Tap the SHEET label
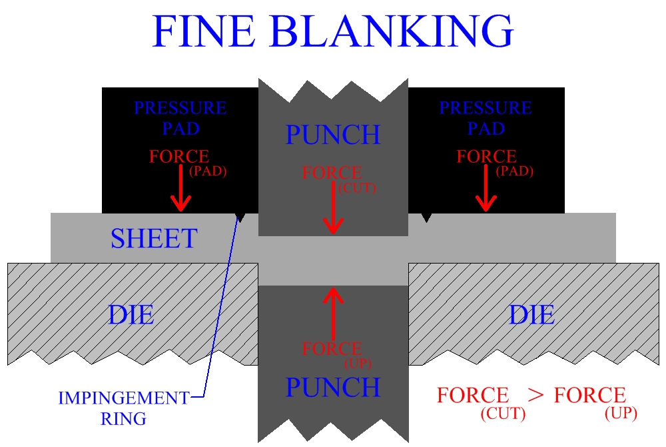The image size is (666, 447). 154,239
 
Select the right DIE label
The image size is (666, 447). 531,314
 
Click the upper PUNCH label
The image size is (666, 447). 333,135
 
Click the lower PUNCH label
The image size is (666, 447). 333,387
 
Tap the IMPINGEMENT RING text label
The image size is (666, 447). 123,408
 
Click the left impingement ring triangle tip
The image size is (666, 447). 241,219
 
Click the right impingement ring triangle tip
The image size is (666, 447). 426,219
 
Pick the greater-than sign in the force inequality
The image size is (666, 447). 535,394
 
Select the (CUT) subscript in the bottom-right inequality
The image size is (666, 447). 503,414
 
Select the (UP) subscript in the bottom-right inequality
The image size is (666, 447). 621,414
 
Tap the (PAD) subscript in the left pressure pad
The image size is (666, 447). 208,171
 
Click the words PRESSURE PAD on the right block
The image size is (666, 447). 486,117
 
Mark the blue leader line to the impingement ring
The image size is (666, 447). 220,307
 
